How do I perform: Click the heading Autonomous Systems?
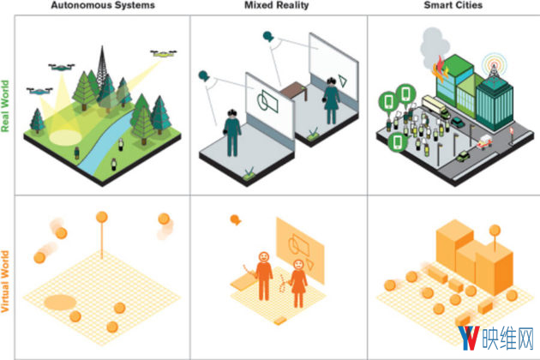102,6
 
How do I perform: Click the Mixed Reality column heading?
276,6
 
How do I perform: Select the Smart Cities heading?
451,6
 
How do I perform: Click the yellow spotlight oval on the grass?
62,136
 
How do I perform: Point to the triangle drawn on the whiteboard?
343,80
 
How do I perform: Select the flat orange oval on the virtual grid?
60,301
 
